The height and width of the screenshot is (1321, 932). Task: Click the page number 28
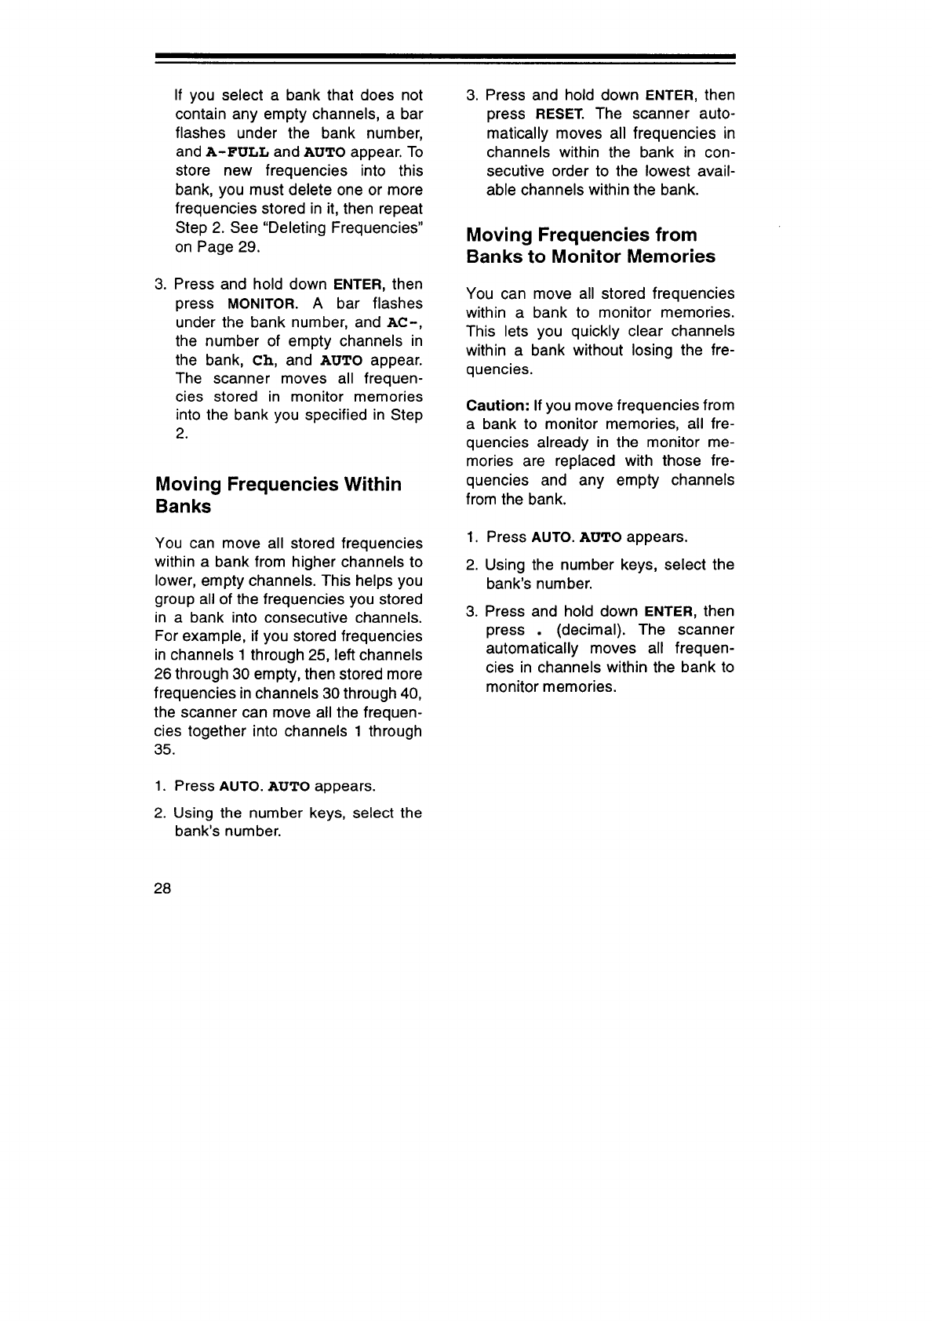(163, 888)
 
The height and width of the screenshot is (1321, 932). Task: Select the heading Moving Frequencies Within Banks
(279, 495)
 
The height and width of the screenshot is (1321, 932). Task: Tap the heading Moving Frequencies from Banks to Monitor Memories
(590, 246)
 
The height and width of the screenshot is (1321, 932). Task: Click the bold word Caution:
(497, 406)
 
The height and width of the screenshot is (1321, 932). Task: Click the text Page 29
(226, 246)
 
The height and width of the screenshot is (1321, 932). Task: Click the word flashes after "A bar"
(398, 303)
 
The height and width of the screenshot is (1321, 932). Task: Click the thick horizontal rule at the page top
(444, 57)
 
